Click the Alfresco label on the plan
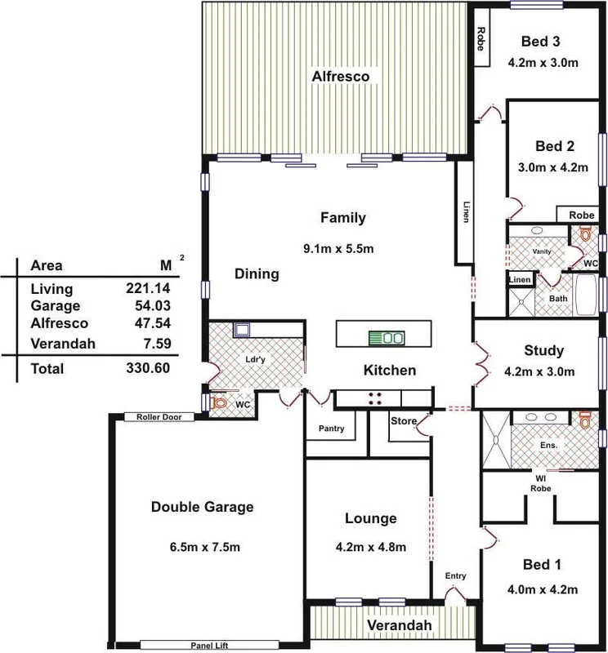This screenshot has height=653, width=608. [341, 77]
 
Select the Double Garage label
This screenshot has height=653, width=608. [203, 507]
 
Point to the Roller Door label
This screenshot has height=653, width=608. [159, 417]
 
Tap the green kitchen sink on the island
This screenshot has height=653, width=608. [386, 337]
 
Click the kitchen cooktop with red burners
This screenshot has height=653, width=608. [377, 398]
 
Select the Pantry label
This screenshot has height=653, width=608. [331, 429]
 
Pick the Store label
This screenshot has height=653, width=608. [403, 421]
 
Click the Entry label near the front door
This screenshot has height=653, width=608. [455, 576]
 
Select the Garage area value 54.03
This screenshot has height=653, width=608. [150, 306]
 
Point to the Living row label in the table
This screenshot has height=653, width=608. [51, 289]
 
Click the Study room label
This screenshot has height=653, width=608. [543, 351]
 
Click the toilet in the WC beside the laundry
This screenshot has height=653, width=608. [218, 402]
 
